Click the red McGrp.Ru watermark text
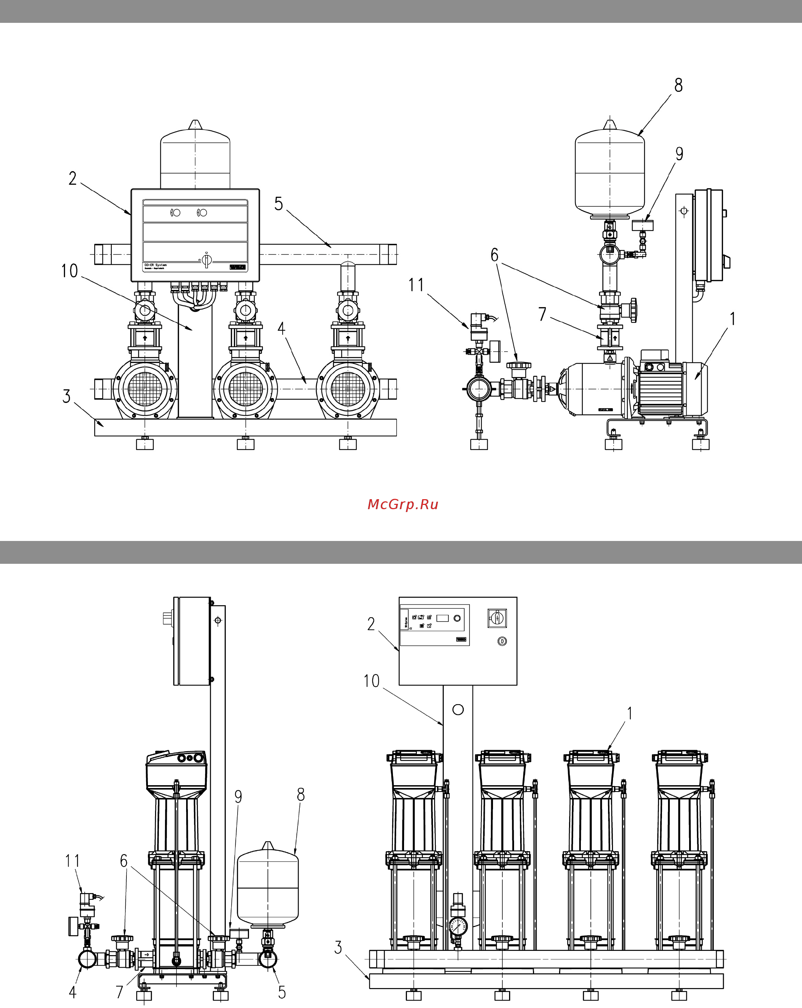(x=403, y=505)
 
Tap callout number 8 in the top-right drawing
(x=678, y=85)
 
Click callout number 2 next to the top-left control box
(x=73, y=178)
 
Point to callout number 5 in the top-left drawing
(x=278, y=204)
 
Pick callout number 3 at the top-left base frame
(x=66, y=396)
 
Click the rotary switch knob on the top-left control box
(x=206, y=260)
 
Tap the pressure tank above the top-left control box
(x=195, y=159)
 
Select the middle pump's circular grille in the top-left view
(x=245, y=388)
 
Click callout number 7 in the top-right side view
(x=542, y=314)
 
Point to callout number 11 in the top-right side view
(x=416, y=285)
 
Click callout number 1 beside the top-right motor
(x=732, y=319)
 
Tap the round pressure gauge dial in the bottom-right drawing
(x=458, y=926)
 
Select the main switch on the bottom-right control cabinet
(x=497, y=618)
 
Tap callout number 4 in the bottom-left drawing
(x=73, y=992)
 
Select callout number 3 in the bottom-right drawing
(x=338, y=948)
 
